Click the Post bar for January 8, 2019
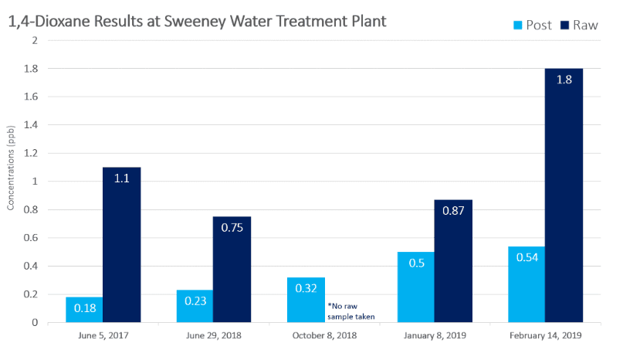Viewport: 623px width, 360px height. pos(416,287)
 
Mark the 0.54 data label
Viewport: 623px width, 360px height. pos(527,258)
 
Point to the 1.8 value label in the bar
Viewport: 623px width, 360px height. pos(564,80)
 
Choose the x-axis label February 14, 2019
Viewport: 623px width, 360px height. pos(545,336)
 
